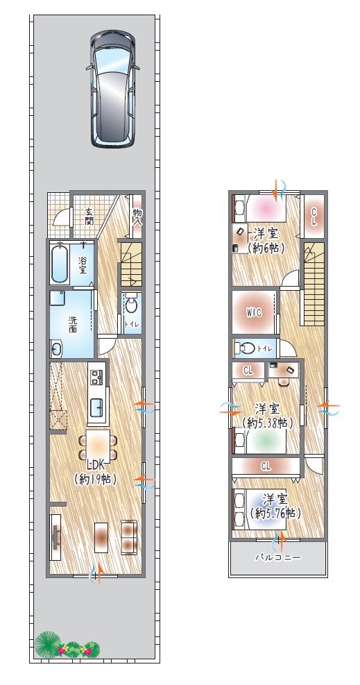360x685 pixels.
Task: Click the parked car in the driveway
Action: pyautogui.click(x=113, y=89)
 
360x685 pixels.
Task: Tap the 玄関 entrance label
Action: pyautogui.click(x=89, y=216)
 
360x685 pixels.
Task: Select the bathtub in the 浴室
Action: pyautogui.click(x=60, y=264)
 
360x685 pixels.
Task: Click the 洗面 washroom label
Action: pyautogui.click(x=73, y=323)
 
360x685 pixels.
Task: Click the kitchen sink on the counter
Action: pyautogui.click(x=96, y=409)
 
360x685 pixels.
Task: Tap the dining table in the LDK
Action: pyautogui.click(x=98, y=445)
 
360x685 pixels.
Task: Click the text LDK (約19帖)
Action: pyautogui.click(x=96, y=472)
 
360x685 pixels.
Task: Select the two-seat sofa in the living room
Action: pyautogui.click(x=129, y=537)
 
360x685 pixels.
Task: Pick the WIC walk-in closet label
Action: pyautogui.click(x=254, y=312)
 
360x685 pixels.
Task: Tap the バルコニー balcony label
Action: pyautogui.click(x=278, y=557)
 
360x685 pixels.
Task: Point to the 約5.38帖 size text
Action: pyautogui.click(x=267, y=423)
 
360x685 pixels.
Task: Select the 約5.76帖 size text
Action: pyautogui.click(x=276, y=514)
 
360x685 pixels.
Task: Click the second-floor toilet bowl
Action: pyautogui.click(x=246, y=348)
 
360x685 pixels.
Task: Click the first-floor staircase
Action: pyautogui.click(x=131, y=264)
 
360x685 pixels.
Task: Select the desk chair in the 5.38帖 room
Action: pyautogui.click(x=284, y=381)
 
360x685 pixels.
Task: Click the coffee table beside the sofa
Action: pyautogui.click(x=101, y=537)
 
